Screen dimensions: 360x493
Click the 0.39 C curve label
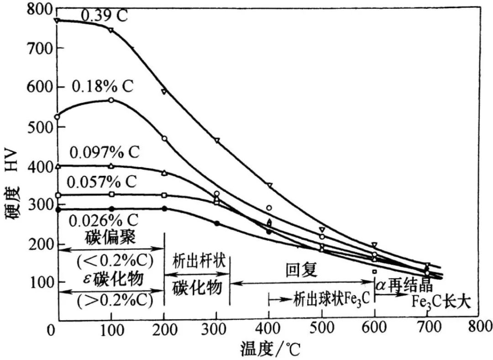click(x=104, y=16)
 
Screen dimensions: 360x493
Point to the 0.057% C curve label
click(x=101, y=182)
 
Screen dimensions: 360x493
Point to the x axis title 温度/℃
click(x=270, y=349)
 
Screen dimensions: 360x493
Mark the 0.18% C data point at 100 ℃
click(x=111, y=100)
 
